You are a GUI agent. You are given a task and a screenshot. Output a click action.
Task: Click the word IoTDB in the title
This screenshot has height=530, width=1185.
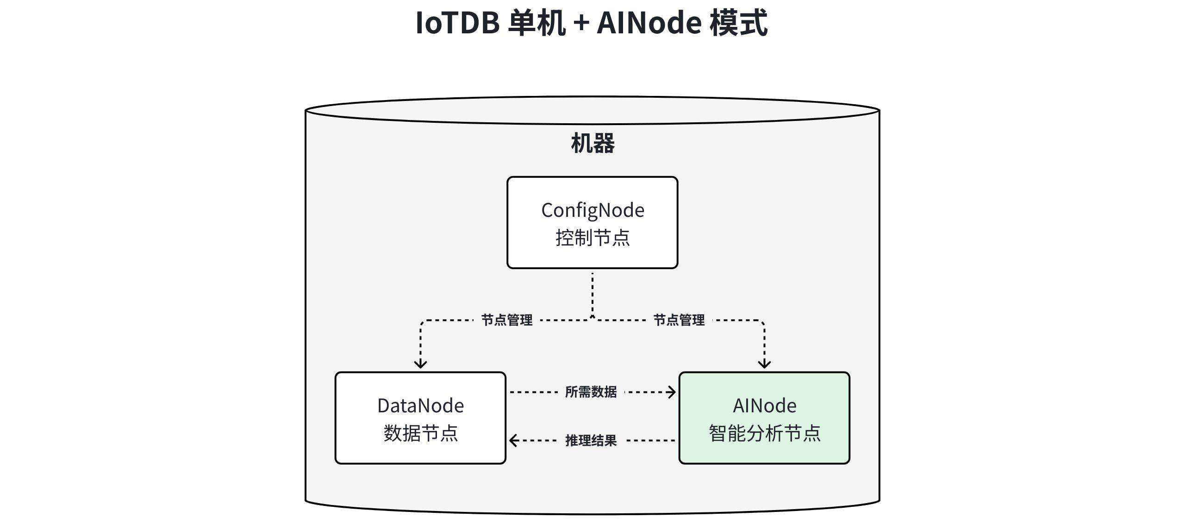click(x=457, y=23)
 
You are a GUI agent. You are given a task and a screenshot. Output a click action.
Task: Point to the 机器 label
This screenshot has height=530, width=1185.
click(x=592, y=143)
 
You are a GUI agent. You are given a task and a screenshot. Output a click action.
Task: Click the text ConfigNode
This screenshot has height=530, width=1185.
click(x=592, y=210)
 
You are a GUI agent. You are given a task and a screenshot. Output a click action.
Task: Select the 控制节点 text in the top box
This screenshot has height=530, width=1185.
click(x=592, y=238)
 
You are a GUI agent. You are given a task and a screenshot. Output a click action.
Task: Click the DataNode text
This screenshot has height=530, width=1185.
click(x=420, y=406)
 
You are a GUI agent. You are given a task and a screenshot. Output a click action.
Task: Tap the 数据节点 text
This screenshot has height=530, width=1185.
click(x=420, y=434)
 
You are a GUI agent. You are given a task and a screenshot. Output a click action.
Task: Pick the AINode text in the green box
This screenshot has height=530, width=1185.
click(x=764, y=406)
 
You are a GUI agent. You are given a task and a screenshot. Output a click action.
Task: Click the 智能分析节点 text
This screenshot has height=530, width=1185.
click(x=764, y=434)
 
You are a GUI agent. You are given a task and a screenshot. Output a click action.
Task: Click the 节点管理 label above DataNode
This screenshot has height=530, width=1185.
click(x=507, y=320)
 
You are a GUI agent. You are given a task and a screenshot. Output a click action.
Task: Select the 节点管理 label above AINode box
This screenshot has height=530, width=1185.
click(x=679, y=320)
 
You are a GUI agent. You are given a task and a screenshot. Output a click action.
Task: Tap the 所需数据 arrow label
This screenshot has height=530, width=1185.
click(x=591, y=392)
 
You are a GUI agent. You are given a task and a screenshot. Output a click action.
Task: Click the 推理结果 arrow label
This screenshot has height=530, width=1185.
click(x=591, y=441)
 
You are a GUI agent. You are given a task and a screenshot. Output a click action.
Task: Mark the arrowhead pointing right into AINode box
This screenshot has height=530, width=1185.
click(x=672, y=392)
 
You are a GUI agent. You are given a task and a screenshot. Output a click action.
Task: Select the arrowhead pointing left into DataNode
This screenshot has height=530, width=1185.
click(x=513, y=441)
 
